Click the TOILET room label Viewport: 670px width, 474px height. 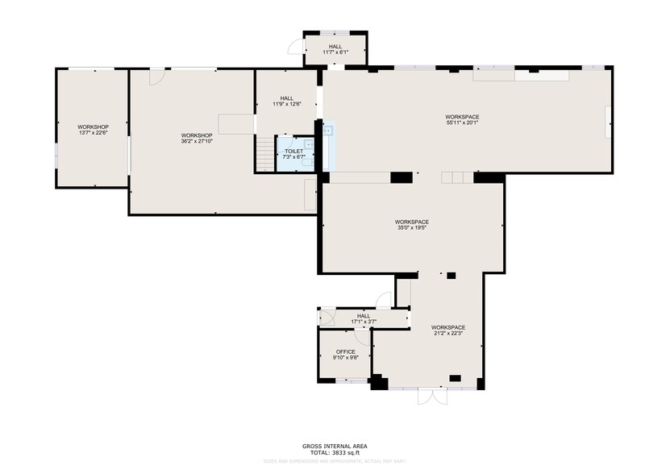pos(293,151)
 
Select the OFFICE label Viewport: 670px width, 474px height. pos(345,351)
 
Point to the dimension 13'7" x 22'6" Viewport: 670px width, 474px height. pos(93,133)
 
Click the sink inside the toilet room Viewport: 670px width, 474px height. pos(308,144)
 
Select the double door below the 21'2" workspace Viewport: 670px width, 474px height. pos(430,396)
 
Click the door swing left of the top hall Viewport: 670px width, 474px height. pos(296,49)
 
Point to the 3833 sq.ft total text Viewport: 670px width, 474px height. pos(335,452)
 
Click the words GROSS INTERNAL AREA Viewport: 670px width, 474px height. pos(335,446)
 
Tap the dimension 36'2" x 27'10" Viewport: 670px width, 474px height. pos(197,141)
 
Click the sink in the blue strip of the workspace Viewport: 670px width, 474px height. pos(328,131)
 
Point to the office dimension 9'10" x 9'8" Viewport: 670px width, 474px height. pos(345,358)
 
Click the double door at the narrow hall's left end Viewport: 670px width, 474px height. pos(326,317)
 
